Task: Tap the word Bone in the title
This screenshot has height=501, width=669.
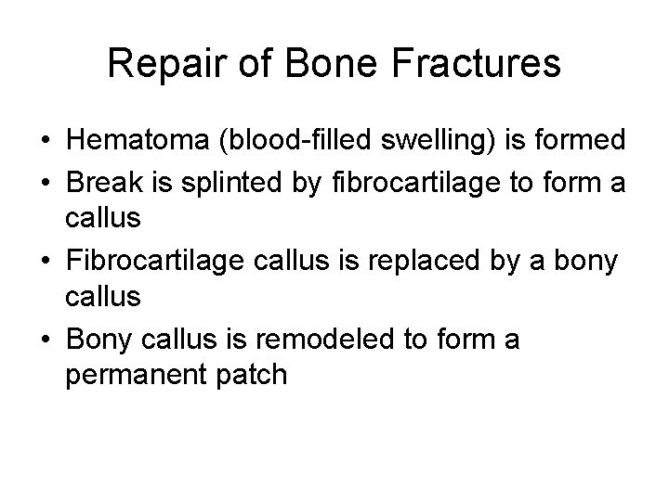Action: [x=316, y=65]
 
